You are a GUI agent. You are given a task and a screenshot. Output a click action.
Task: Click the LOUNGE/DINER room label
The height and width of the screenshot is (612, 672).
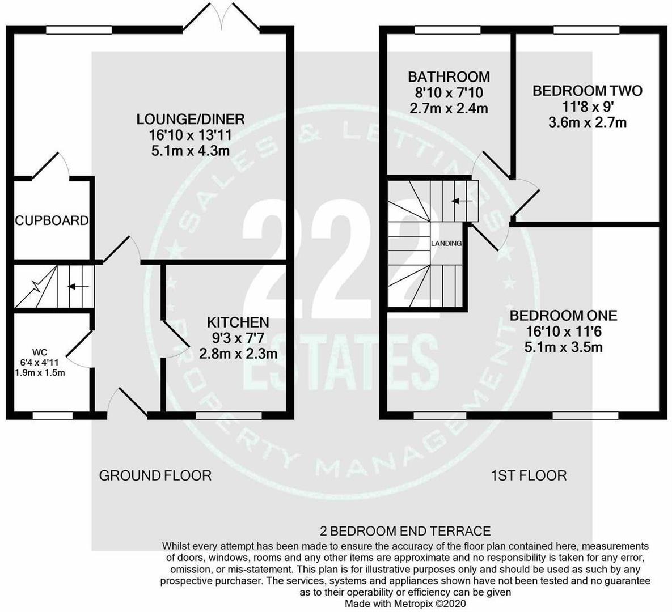click(191, 119)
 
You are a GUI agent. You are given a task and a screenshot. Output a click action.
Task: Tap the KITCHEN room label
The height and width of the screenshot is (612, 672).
click(238, 322)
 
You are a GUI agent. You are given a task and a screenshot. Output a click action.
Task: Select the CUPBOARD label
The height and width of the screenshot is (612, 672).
click(52, 220)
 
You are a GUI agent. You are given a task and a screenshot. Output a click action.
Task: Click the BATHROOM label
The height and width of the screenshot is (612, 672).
click(449, 76)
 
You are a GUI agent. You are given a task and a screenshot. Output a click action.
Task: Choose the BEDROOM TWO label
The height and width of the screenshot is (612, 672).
click(587, 91)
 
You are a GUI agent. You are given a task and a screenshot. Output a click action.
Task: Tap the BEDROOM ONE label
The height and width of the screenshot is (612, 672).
click(563, 316)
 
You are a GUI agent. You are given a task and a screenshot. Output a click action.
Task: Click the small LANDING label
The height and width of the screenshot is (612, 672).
click(446, 243)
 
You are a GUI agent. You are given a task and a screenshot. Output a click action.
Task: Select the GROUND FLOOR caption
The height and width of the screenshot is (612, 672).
click(155, 475)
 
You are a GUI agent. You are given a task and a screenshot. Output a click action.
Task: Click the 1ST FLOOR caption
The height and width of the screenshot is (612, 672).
click(528, 475)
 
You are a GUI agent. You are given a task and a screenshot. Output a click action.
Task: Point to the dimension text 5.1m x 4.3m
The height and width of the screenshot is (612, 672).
click(191, 151)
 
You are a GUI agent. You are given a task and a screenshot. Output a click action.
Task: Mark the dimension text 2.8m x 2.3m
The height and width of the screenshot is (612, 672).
click(238, 354)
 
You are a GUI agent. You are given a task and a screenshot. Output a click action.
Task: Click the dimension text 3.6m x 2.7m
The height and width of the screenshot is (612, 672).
click(587, 122)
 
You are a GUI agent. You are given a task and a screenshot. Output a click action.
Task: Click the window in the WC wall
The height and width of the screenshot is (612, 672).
click(52, 415)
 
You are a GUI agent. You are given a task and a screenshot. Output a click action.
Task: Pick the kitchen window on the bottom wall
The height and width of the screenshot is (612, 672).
click(229, 415)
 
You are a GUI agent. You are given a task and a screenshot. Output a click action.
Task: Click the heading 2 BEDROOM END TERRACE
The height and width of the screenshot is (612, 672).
click(405, 531)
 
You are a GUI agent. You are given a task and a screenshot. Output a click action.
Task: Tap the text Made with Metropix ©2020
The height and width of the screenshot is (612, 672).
click(405, 604)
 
